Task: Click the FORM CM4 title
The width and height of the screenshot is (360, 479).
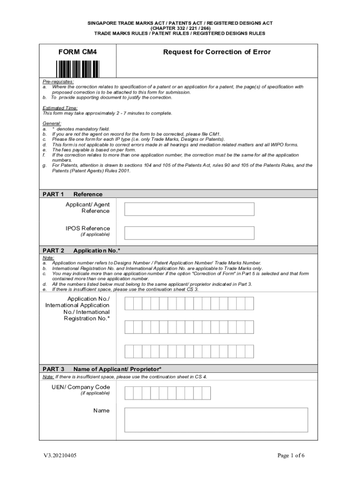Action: point(78,52)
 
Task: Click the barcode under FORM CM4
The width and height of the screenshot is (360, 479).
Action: point(78,69)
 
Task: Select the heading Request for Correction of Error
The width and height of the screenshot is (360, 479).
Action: point(216,52)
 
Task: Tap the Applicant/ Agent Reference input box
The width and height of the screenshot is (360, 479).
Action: point(189,209)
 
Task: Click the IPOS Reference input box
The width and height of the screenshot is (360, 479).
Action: point(189,233)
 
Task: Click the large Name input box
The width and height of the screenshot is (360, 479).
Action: point(216,420)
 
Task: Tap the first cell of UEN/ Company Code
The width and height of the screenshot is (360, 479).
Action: point(129,393)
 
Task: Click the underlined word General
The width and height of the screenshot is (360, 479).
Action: point(52,123)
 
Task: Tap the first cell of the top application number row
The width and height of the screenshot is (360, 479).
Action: point(129,304)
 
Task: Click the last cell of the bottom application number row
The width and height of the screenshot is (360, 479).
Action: point(249,351)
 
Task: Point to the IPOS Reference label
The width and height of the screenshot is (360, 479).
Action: point(88,228)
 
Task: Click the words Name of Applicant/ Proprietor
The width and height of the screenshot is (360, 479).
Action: point(117,369)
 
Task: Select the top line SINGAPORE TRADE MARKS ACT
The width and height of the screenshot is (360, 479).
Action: point(180,23)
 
